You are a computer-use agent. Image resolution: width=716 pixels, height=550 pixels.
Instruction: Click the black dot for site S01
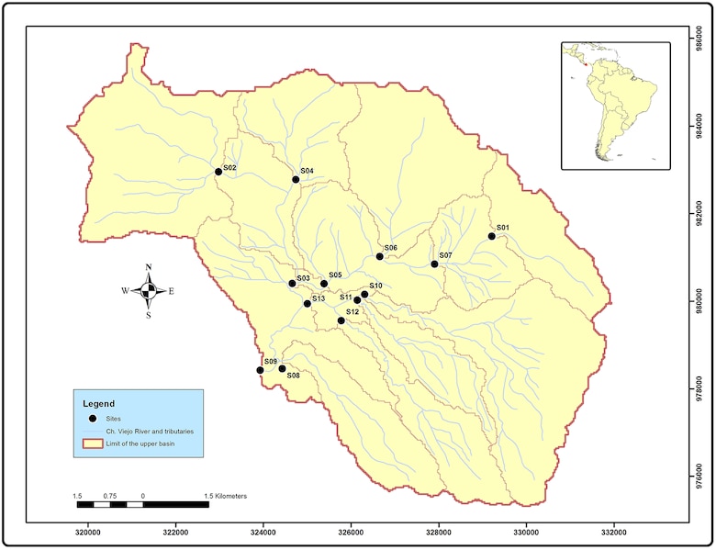click(491, 236)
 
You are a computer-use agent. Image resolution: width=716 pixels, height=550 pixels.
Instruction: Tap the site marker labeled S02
click(218, 172)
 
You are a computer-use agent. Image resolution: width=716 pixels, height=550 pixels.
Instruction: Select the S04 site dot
click(296, 179)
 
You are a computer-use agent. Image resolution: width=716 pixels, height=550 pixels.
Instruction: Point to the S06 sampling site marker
click(379, 256)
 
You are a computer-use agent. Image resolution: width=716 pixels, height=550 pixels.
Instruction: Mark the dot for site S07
click(434, 264)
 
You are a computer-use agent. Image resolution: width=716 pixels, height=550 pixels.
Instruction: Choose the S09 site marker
click(260, 370)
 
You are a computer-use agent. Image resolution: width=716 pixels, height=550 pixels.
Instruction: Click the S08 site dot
click(282, 368)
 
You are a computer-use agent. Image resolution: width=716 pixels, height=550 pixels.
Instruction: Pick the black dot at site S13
click(308, 303)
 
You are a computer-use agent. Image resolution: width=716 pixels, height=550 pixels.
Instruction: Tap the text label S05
click(335, 275)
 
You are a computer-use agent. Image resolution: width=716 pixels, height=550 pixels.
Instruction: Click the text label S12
click(352, 313)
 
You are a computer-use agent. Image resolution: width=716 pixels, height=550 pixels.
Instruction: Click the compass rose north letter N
click(149, 267)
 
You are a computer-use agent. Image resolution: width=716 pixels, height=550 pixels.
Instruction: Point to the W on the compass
click(125, 291)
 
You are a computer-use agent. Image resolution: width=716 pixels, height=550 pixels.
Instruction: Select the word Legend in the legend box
click(99, 403)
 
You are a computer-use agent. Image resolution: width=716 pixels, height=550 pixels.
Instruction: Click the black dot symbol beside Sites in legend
click(93, 418)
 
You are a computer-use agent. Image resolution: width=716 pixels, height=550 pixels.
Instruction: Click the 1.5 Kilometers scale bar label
click(225, 496)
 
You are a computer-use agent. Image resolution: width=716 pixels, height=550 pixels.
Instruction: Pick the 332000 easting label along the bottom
click(613, 532)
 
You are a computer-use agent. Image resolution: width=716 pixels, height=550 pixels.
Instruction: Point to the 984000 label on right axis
click(700, 129)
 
